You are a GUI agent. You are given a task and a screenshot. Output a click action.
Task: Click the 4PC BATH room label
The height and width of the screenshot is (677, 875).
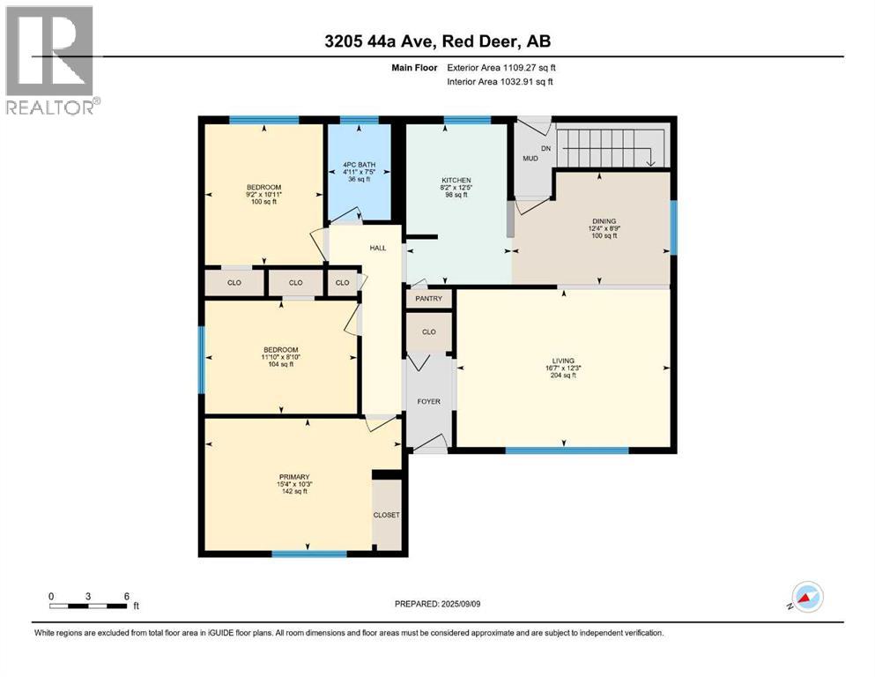pos(359,164)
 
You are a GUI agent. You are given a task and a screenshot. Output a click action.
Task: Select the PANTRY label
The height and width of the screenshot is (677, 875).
pos(429,299)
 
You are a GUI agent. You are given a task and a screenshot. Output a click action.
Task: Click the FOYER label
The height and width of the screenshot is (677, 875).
pos(428,402)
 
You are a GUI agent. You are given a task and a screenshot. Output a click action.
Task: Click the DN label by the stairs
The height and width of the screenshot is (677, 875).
pos(545,147)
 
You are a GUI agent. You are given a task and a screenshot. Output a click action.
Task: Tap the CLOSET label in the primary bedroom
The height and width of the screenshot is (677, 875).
pos(387,515)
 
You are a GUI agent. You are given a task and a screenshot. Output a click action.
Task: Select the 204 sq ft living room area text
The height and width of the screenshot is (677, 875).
pos(563,376)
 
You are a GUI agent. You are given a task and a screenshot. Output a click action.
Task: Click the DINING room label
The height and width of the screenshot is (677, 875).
pos(604,221)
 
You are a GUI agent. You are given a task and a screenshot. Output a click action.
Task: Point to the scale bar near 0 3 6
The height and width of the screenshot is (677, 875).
pos(88,606)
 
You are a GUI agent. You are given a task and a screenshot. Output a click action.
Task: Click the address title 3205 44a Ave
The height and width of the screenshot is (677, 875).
pos(437,41)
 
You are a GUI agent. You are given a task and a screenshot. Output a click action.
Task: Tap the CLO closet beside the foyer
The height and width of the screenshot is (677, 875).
pos(429,333)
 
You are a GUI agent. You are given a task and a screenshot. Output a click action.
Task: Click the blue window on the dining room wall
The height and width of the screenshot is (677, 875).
pos(674,227)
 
